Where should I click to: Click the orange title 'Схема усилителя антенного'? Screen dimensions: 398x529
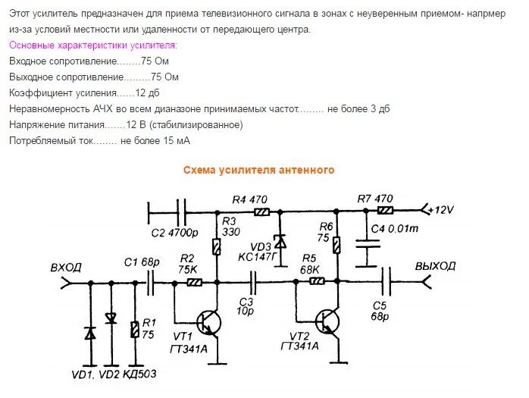click(x=258, y=171)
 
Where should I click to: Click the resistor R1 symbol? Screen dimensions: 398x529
click(x=135, y=329)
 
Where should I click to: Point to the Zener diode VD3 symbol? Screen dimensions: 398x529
click(x=280, y=242)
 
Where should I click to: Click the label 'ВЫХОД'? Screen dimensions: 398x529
click(x=435, y=266)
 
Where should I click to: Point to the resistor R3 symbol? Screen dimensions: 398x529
click(x=218, y=246)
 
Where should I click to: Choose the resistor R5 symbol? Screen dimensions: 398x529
click(x=316, y=281)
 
